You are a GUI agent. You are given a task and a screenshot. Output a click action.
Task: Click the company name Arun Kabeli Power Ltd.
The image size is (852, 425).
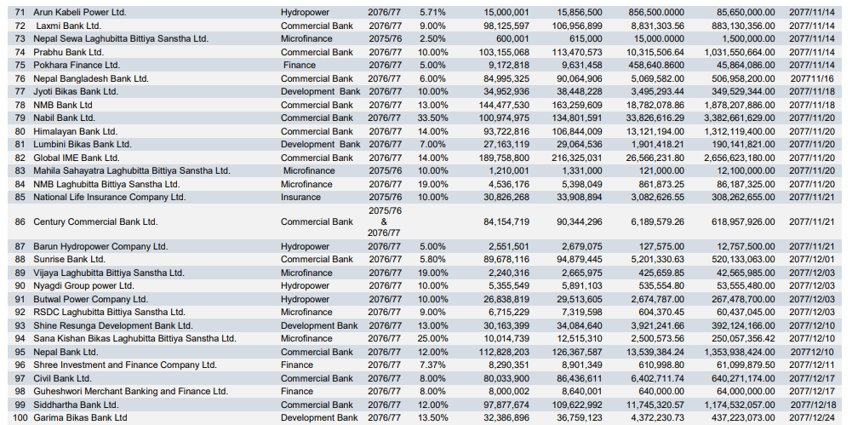[79, 13]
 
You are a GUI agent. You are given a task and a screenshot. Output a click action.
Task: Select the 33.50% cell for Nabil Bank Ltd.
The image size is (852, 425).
[432, 118]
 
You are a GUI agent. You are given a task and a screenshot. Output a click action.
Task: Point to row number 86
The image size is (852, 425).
[20, 221]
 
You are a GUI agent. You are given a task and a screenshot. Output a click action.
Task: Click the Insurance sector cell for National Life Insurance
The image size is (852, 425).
[301, 197]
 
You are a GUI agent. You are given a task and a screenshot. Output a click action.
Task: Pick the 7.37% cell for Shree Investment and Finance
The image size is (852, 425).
[432, 365]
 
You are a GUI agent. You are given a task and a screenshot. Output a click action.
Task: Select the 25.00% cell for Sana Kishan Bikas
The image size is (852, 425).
[432, 338]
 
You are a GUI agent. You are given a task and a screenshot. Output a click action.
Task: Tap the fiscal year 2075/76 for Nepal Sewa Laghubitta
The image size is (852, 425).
[385, 39]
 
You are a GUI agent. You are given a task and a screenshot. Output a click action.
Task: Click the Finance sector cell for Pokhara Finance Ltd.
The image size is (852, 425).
[300, 66]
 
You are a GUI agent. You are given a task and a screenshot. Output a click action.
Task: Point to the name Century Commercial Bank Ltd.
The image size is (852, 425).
[94, 221]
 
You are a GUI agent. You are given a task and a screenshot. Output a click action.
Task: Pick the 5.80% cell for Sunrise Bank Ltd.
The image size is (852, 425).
[432, 259]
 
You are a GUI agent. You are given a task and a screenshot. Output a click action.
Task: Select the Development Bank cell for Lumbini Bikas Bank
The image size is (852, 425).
[320, 144]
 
